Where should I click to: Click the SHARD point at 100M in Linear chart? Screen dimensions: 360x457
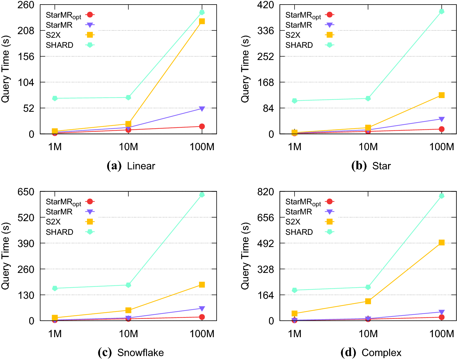[x=202, y=12]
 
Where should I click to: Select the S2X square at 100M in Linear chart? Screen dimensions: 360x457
[x=202, y=21]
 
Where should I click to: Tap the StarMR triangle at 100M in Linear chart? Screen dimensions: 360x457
[x=202, y=109]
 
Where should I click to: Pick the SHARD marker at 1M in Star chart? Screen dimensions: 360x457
[x=295, y=101]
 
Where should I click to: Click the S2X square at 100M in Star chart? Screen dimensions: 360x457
[x=441, y=95]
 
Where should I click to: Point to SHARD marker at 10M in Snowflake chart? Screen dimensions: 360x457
[x=128, y=285]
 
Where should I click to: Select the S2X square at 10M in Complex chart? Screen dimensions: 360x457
[x=368, y=301]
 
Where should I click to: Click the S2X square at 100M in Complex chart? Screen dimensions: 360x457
[x=441, y=242]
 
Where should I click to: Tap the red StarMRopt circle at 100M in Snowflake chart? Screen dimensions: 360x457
[x=202, y=317]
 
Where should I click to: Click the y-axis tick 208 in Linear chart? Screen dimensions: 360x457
[x=26, y=31]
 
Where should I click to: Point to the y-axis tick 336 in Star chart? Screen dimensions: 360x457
[x=266, y=31]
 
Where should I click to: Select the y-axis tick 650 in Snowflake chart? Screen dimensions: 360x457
[x=26, y=192]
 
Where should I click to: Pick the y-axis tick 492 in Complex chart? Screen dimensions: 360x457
[x=266, y=243]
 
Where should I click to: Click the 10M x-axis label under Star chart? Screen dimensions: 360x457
[x=368, y=147]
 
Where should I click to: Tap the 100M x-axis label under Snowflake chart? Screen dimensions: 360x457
[x=202, y=334]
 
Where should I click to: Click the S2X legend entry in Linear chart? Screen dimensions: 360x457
[x=53, y=35]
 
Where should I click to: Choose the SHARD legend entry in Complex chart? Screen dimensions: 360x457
[x=299, y=232]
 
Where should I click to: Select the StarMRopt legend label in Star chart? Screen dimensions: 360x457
[x=303, y=15]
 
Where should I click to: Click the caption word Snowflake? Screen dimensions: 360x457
[x=141, y=353]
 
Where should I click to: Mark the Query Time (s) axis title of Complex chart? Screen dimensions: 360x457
[x=245, y=256]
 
